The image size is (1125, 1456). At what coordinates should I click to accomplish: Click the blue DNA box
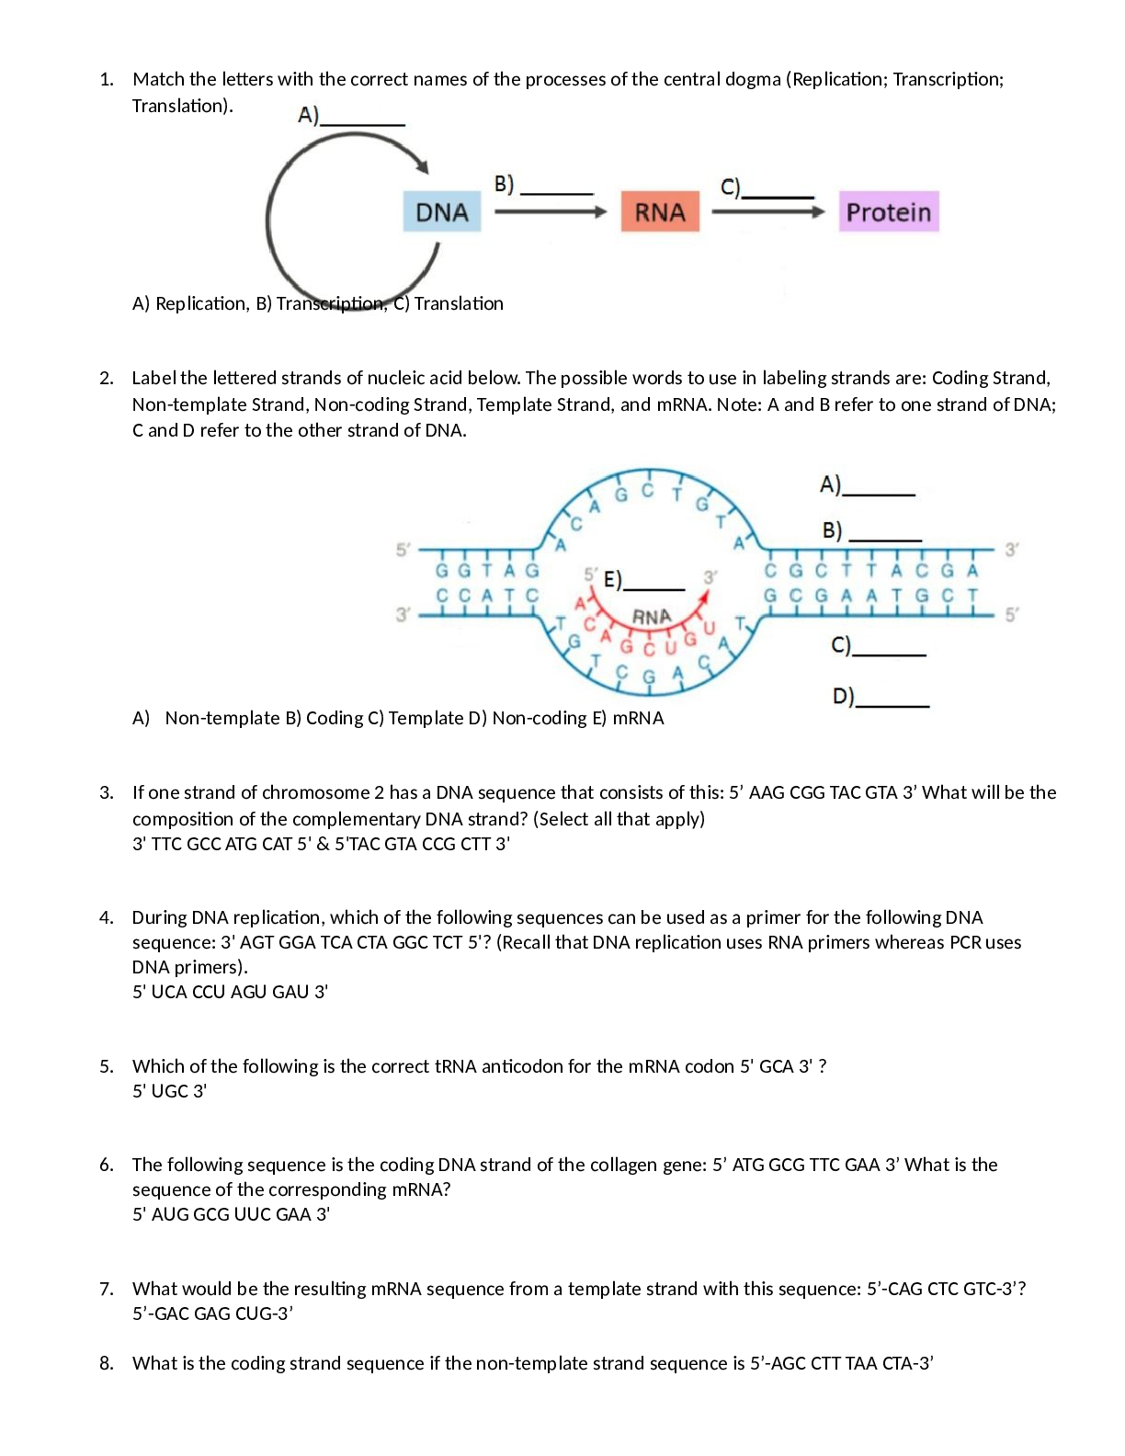click(442, 212)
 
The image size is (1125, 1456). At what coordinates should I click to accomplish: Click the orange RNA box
click(660, 212)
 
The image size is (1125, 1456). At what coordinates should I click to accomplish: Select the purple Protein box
click(888, 212)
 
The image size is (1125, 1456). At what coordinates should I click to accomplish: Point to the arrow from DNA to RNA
click(551, 212)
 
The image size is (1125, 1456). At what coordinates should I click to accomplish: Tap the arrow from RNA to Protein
click(768, 212)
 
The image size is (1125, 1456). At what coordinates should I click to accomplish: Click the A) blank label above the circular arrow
click(350, 116)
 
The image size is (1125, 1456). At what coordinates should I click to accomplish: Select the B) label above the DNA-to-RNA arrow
click(542, 185)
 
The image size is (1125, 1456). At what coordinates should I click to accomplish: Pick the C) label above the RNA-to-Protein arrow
click(767, 188)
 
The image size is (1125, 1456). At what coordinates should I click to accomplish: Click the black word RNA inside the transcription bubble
click(652, 617)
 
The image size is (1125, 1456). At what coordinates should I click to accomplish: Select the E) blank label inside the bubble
click(643, 580)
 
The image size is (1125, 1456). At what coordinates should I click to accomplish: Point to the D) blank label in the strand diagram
click(880, 697)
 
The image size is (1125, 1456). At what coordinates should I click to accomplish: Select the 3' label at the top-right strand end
click(1011, 550)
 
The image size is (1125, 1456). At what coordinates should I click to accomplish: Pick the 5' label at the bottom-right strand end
click(1011, 614)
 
